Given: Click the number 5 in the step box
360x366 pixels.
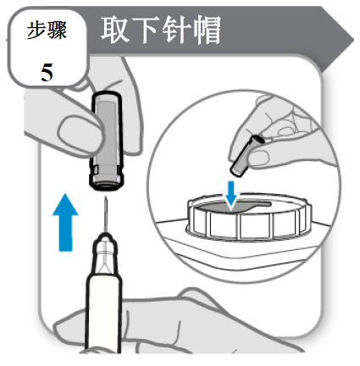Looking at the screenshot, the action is [47, 73].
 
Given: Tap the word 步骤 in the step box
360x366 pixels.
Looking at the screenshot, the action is [47, 30].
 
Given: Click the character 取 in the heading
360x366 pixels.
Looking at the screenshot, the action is [115, 30].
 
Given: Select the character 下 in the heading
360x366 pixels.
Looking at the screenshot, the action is [145, 30].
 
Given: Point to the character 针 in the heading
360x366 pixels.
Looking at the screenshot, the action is [175, 30].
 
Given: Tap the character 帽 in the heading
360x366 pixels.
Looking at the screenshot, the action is [206, 30].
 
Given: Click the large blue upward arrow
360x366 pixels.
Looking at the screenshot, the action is [65, 222].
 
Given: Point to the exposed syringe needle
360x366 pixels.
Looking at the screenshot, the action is [106, 214].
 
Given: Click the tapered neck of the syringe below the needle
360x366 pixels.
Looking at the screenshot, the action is [105, 254].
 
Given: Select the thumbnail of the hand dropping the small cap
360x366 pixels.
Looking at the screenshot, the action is [258, 158].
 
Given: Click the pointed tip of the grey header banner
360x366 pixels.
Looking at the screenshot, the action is [353, 40].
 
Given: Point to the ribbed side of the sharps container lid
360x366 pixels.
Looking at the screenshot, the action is [248, 225].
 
